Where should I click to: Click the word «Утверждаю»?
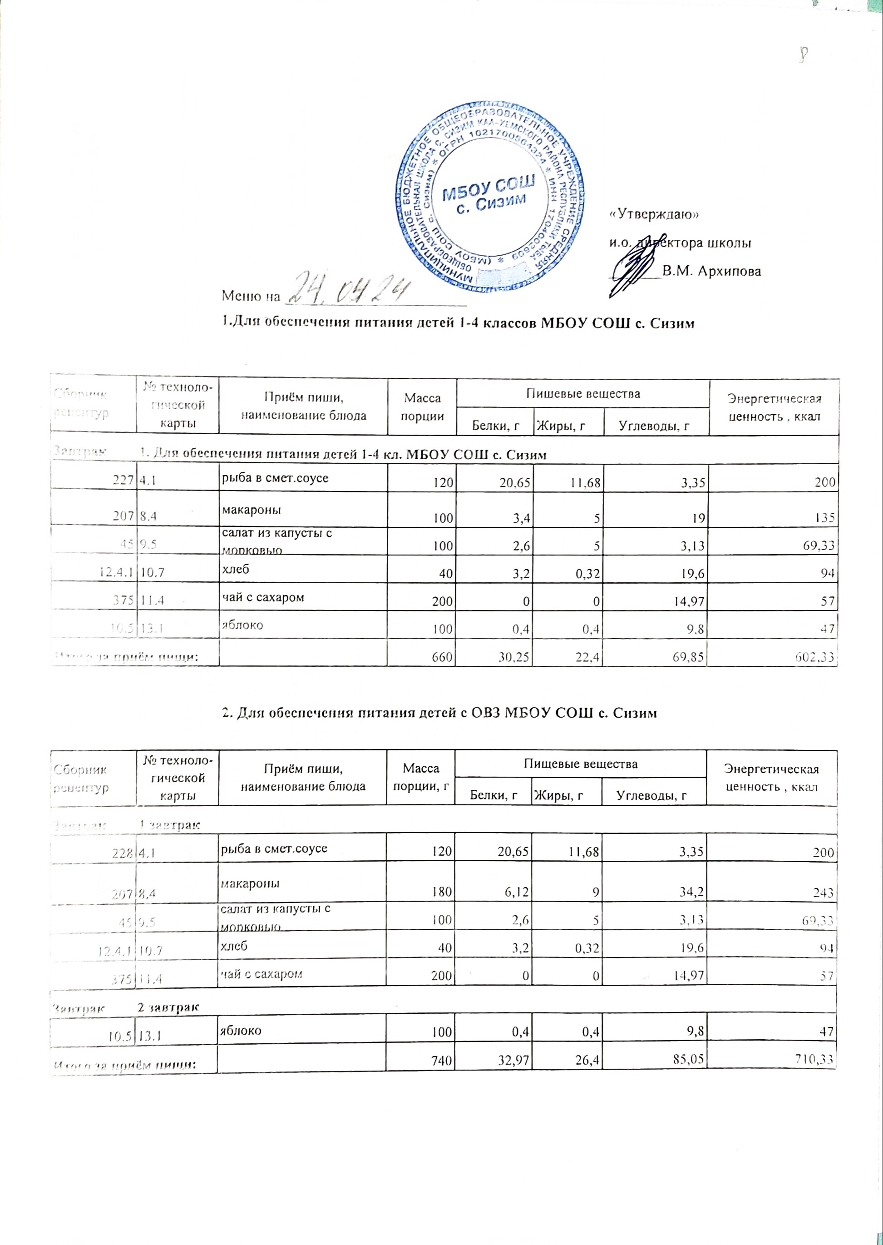point(654,214)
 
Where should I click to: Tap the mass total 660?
point(444,657)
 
